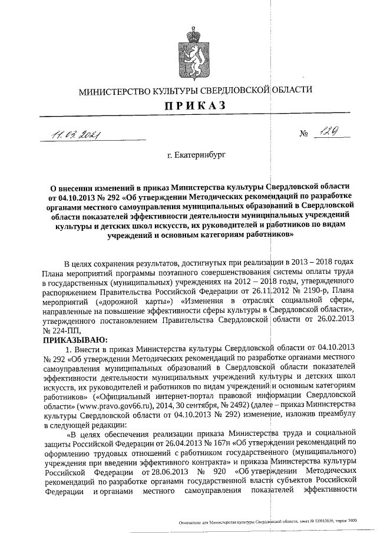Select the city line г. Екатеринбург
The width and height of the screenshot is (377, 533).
196,156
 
